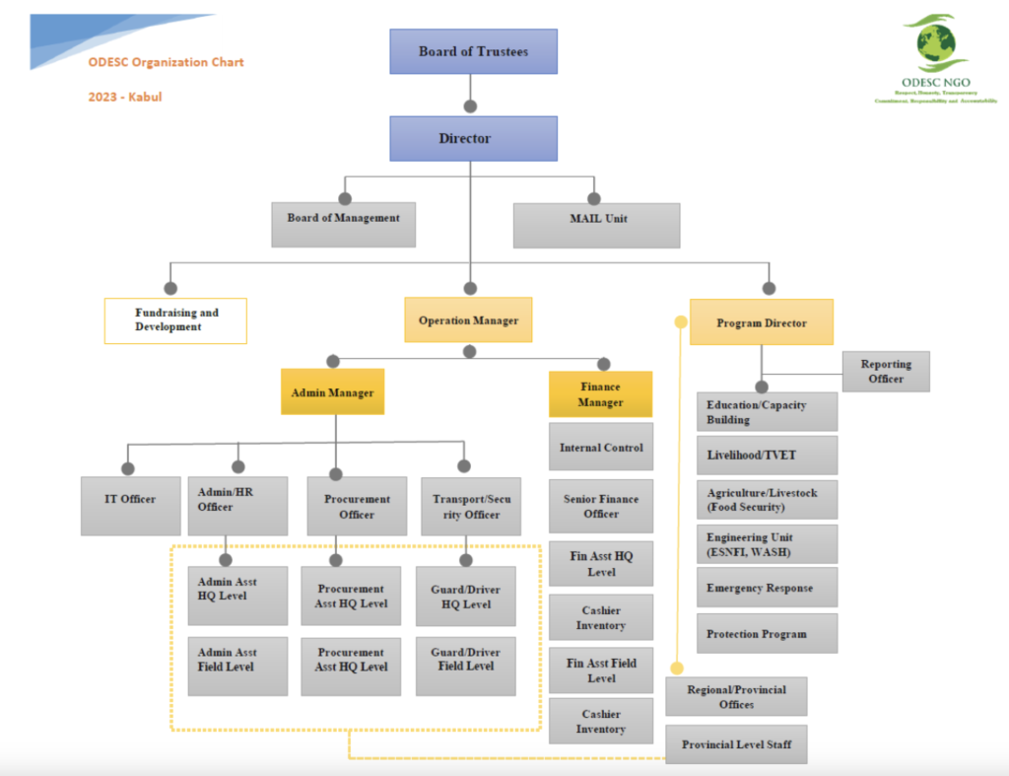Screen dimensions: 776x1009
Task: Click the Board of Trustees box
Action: tap(473, 51)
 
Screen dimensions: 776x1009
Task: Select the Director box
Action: tap(473, 138)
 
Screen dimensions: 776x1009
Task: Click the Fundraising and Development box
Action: tap(175, 320)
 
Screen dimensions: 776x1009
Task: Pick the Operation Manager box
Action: tap(468, 320)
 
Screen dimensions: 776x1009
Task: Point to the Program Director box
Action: tap(761, 322)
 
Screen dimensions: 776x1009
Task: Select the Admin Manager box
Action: tap(332, 392)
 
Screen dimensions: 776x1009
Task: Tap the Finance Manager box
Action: tap(600, 394)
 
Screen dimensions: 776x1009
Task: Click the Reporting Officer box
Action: tap(885, 371)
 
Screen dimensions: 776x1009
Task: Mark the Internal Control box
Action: tap(600, 447)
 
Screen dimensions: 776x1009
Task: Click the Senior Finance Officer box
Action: tap(600, 506)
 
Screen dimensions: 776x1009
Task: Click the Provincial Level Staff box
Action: tap(736, 743)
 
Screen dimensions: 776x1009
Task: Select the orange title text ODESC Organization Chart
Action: tap(166, 62)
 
